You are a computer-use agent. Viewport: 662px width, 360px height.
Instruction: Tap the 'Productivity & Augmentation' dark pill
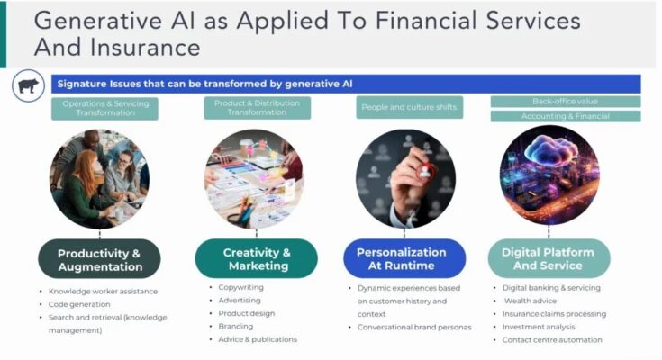[99, 259]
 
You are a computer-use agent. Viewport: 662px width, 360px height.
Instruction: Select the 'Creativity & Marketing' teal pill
[257, 259]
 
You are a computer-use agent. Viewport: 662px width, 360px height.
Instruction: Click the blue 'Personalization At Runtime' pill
[401, 259]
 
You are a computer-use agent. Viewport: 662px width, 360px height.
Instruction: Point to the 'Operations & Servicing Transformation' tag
[105, 109]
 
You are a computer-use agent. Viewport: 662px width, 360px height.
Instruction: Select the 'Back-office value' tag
[565, 102]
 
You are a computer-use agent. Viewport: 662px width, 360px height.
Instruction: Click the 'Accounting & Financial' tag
[565, 116]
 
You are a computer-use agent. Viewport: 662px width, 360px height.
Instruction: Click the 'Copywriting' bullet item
[240, 288]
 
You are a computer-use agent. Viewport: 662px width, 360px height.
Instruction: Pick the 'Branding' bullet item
[236, 327]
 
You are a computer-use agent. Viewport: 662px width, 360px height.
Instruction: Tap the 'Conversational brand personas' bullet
[414, 327]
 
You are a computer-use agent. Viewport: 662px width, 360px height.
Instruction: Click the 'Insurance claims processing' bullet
[554, 314]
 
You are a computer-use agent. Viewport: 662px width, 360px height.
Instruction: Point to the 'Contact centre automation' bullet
[552, 340]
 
